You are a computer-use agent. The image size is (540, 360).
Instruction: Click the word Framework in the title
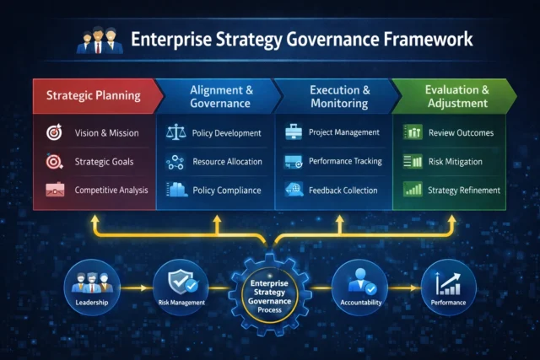426,40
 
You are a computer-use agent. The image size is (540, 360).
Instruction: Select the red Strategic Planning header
93,95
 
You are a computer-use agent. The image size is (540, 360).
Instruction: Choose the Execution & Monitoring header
338,95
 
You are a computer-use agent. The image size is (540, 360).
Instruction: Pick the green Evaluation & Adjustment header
457,95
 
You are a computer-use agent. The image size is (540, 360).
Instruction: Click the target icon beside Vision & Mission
53,133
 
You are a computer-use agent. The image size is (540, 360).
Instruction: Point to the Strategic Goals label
104,162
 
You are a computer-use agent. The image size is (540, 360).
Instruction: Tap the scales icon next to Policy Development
177,133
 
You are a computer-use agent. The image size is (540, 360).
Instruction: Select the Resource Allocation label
227,162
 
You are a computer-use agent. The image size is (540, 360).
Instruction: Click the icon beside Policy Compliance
177,191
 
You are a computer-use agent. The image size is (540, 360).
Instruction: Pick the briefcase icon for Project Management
294,133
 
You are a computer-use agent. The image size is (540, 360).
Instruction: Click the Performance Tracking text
345,161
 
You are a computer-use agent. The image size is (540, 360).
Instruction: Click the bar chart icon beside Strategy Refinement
413,191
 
